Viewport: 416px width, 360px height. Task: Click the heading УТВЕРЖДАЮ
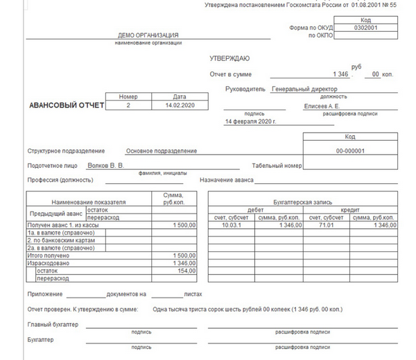tap(229, 58)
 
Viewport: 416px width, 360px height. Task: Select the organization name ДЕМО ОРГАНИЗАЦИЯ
tap(148, 35)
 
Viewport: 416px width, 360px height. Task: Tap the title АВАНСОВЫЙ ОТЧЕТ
tap(67, 106)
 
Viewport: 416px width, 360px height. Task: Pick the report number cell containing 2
tap(128, 105)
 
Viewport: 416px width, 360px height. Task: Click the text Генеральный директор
tap(304, 89)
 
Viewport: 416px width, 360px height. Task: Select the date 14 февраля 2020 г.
tap(251, 121)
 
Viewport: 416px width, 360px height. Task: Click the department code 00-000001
tap(350, 151)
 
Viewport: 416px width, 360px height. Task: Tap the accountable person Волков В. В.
tap(106, 166)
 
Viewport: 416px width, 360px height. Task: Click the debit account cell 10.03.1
tap(230, 225)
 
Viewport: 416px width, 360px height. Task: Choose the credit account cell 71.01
tap(327, 225)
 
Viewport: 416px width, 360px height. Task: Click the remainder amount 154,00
tap(185, 271)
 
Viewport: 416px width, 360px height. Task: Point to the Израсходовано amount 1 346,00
tap(184, 263)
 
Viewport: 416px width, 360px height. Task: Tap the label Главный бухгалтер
tap(53, 324)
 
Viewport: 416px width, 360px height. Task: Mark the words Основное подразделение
tap(162, 151)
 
